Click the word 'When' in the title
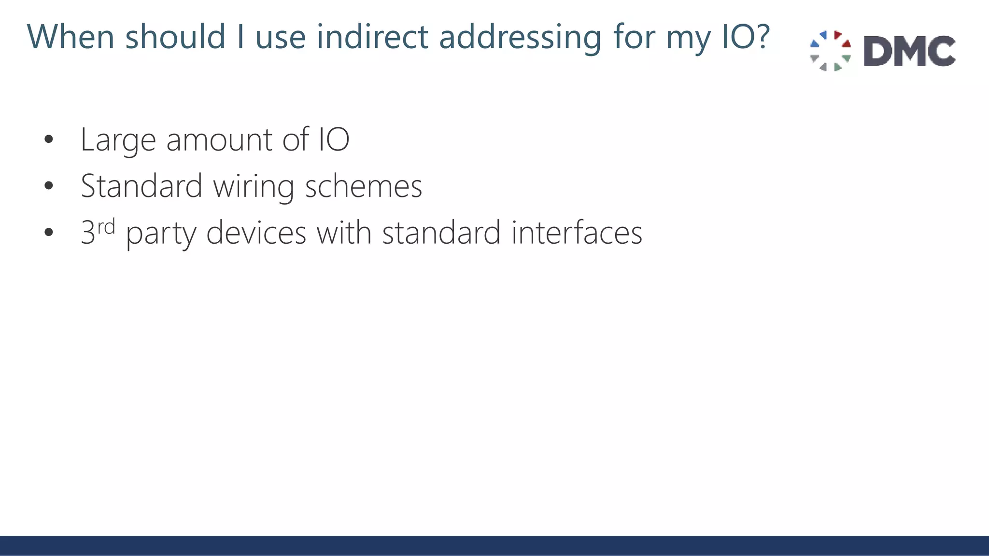coord(71,37)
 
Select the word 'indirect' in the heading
coord(372,37)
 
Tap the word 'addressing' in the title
coord(520,38)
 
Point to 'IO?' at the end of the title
coord(746,37)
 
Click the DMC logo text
coord(909,51)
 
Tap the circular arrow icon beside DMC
coord(830,51)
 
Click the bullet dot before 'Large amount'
coord(48,140)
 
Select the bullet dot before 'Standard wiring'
coord(48,186)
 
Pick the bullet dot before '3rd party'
coord(48,233)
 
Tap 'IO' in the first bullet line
coord(334,139)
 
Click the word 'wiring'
coord(254,187)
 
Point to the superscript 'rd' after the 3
coord(106,226)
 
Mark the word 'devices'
coord(256,233)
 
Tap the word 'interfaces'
coord(577,233)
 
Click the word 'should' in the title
coord(175,37)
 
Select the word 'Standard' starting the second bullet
coord(141,186)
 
